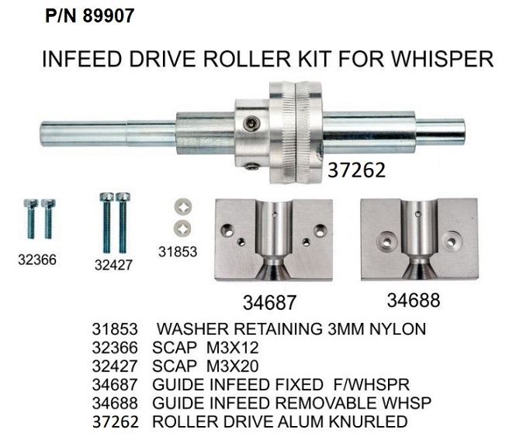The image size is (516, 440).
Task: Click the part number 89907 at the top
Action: (x=109, y=15)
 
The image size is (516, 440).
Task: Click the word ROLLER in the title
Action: (x=248, y=59)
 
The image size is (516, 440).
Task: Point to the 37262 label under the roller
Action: (x=356, y=170)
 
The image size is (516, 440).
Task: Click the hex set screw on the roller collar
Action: (x=251, y=124)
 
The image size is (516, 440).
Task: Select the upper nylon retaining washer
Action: (x=183, y=207)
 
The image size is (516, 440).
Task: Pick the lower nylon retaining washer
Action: (x=182, y=229)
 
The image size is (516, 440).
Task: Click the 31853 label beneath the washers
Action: (x=178, y=252)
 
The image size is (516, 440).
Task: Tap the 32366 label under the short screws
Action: (x=37, y=260)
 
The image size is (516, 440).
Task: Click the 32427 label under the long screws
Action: (x=113, y=265)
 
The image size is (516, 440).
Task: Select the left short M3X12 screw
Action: (x=31, y=218)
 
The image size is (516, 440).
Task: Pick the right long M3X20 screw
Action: (x=123, y=222)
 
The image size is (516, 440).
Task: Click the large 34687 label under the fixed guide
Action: (x=269, y=303)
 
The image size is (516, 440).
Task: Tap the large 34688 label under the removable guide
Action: (x=414, y=300)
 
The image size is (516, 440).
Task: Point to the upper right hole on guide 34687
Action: (x=320, y=231)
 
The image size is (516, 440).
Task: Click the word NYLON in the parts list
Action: (x=397, y=329)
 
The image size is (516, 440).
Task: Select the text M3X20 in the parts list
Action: (x=232, y=366)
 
